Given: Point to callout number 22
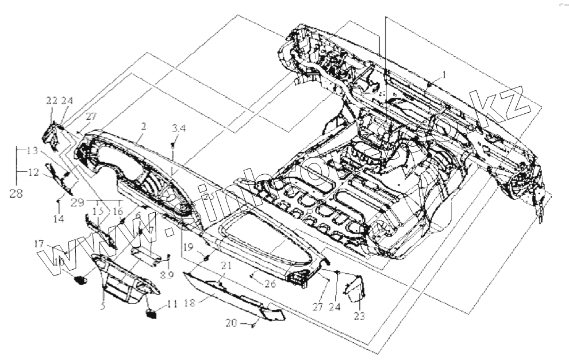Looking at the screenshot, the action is click(52, 101).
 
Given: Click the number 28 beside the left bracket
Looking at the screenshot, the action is click(16, 194).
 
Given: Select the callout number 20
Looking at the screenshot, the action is click(230, 324).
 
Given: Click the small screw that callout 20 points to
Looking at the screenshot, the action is click(253, 326).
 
